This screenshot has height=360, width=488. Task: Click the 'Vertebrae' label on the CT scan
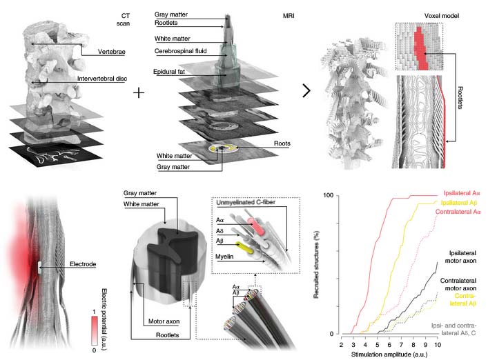[x=111, y=52]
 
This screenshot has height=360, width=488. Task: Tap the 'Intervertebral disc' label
[x=102, y=79]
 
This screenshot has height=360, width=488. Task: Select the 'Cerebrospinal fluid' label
[x=181, y=51]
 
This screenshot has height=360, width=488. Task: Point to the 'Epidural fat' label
[x=169, y=72]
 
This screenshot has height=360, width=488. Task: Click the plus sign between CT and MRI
[x=139, y=93]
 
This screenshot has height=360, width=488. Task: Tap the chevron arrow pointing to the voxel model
[x=306, y=91]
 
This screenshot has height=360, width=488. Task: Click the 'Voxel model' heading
[x=441, y=16]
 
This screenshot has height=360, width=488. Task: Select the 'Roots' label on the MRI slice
[x=282, y=143]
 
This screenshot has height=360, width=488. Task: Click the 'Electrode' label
[x=83, y=264]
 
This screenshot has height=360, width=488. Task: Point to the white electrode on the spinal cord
[x=39, y=268]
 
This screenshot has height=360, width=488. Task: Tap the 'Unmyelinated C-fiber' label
[x=246, y=202]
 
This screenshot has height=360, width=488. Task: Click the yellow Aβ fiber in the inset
[x=244, y=246]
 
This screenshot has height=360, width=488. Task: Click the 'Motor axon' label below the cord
[x=164, y=321]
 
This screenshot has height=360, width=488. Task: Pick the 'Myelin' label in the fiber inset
[x=224, y=257]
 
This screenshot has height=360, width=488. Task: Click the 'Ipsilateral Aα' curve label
[x=462, y=193]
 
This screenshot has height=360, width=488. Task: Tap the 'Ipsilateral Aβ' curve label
[x=459, y=203]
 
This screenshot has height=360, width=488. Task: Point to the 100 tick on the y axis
[x=329, y=195]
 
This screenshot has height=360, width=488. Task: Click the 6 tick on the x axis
[x=389, y=345]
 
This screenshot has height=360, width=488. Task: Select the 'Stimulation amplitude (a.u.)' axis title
[x=389, y=354]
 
